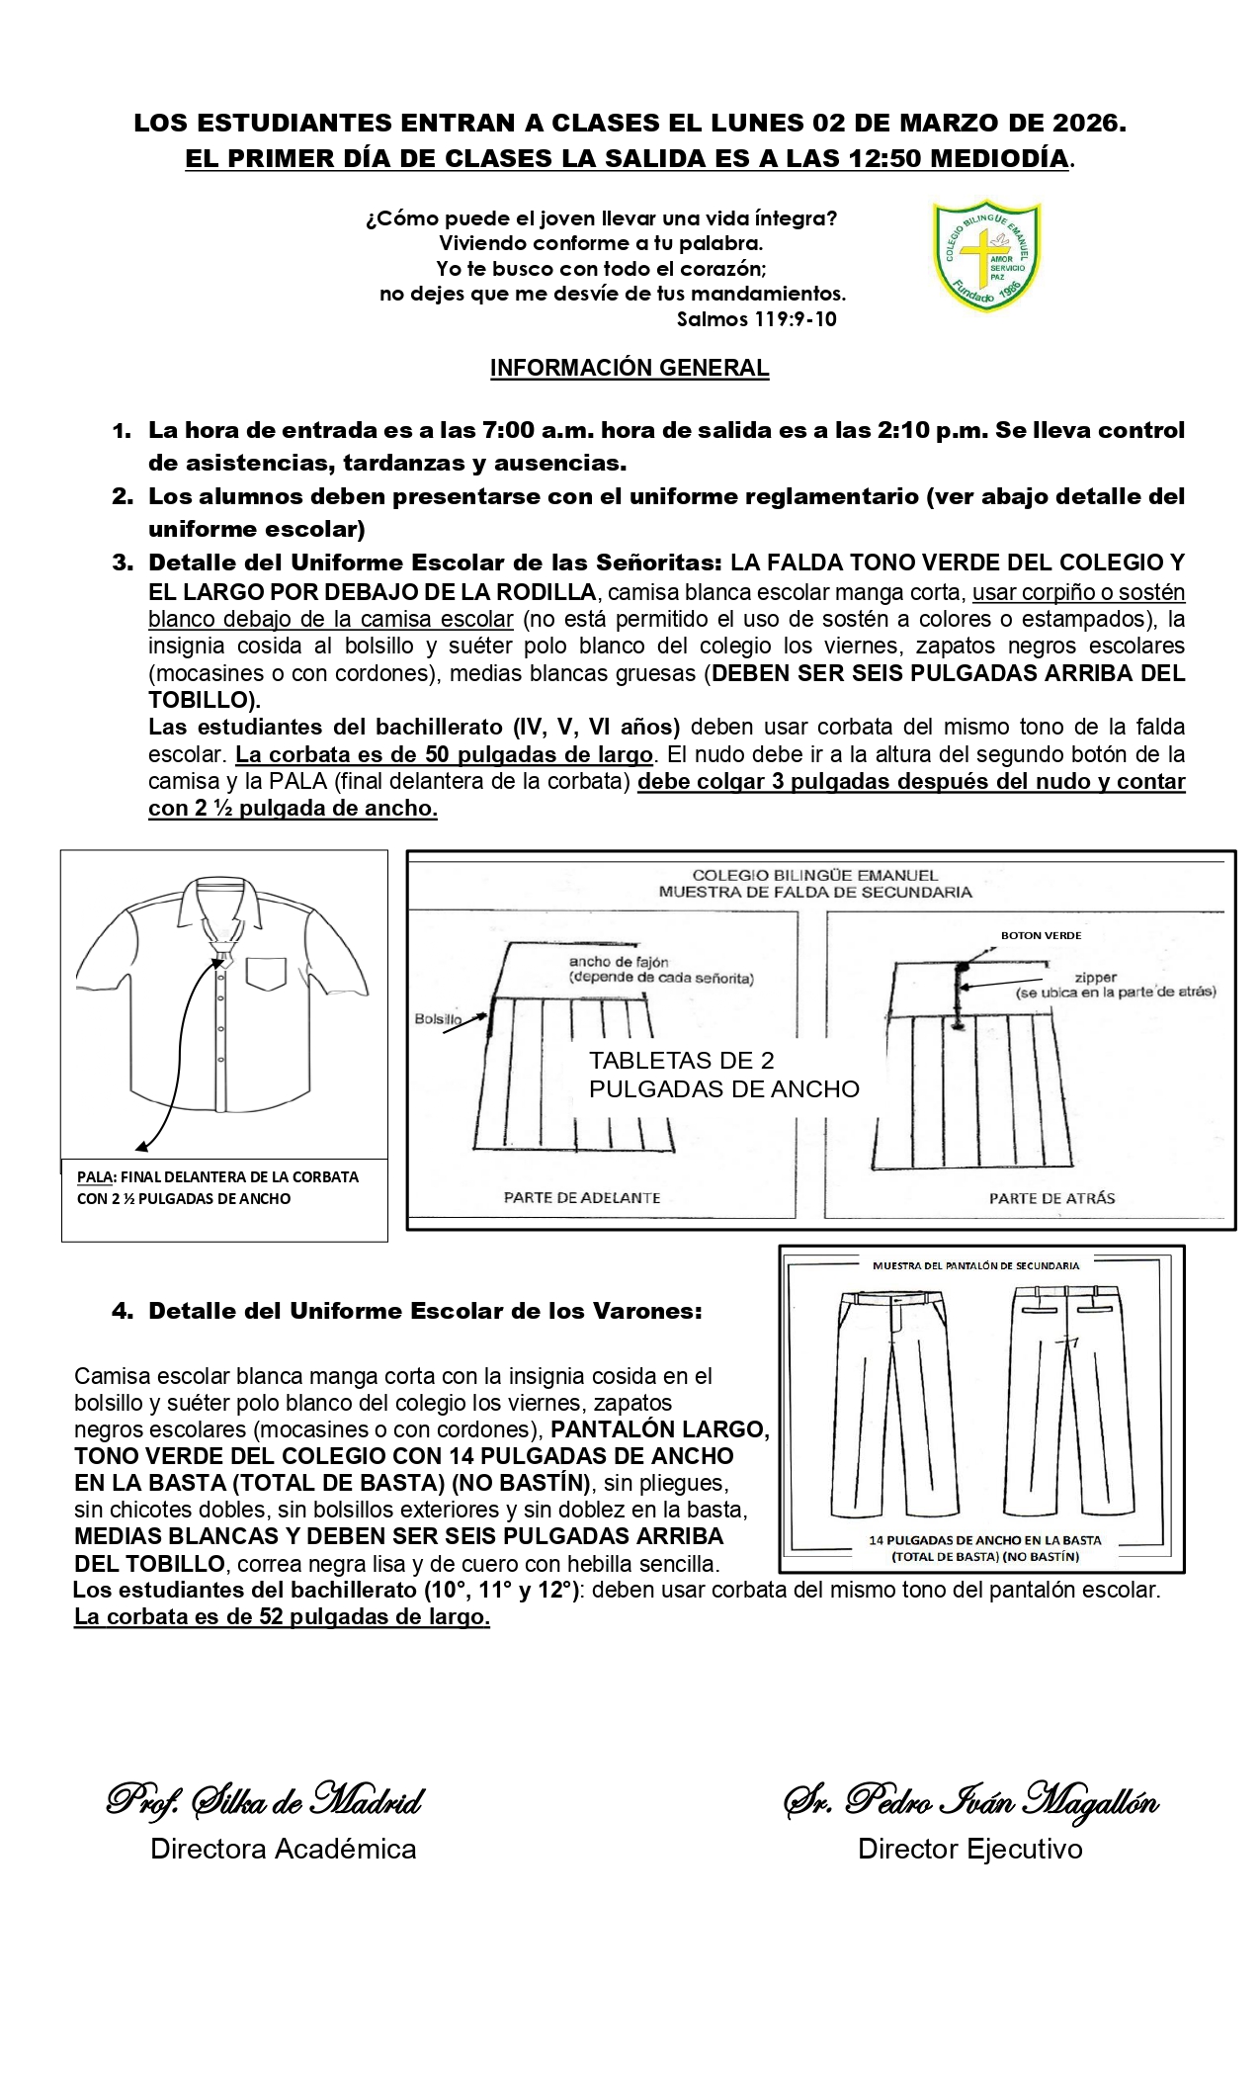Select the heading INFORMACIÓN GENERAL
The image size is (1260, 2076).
pyautogui.click(x=630, y=368)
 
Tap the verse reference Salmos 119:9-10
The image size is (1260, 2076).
pyautogui.click(x=756, y=319)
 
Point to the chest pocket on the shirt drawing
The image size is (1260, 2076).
pyautogui.click(x=266, y=973)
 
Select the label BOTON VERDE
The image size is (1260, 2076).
pyautogui.click(x=1041, y=934)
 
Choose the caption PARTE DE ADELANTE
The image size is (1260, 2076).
pyautogui.click(x=582, y=1197)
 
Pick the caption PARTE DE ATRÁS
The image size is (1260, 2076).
pyautogui.click(x=1051, y=1197)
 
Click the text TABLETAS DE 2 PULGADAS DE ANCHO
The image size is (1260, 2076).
pyautogui.click(x=723, y=1075)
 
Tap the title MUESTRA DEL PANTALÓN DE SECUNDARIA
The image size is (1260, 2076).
pyautogui.click(x=975, y=1264)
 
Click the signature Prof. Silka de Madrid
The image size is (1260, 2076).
pyautogui.click(x=265, y=1800)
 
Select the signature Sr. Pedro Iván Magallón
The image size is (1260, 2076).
pyautogui.click(x=970, y=1800)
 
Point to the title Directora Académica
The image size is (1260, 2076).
pyautogui.click(x=283, y=1849)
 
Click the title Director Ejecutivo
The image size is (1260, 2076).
pyautogui.click(x=969, y=1849)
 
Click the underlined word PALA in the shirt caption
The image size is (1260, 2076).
pyautogui.click(x=95, y=1177)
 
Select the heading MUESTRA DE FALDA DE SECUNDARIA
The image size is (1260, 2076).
pyautogui.click(x=815, y=892)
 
